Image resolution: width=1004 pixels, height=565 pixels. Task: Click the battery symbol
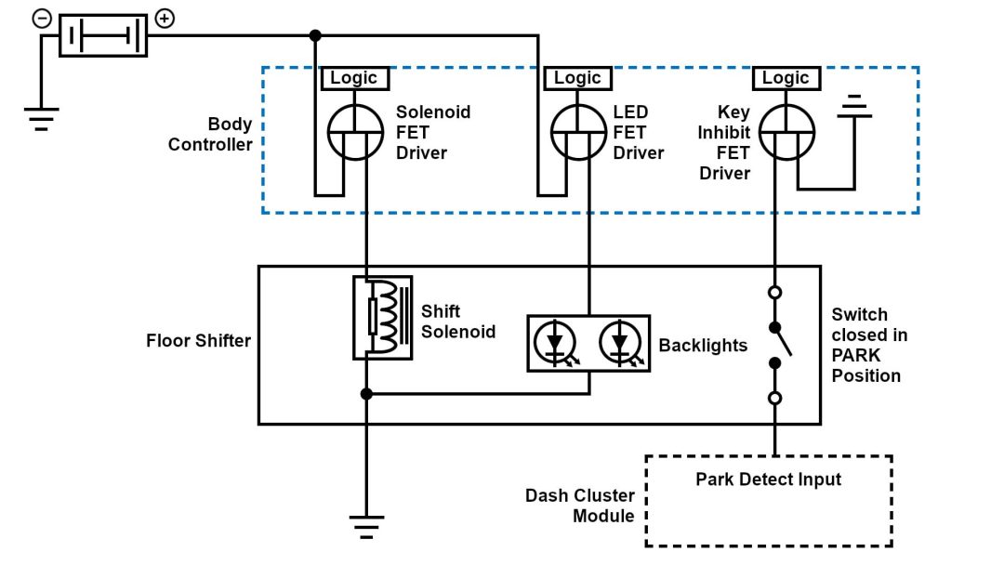[103, 36]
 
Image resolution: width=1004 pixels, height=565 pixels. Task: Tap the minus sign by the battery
[42, 19]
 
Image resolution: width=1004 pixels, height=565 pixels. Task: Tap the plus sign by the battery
[164, 19]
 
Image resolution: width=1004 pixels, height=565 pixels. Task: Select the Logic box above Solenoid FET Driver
[354, 78]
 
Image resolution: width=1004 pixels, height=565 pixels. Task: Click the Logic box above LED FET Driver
[577, 78]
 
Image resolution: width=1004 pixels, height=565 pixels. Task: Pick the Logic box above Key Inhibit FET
[786, 78]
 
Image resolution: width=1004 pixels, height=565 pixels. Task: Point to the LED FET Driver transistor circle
[579, 131]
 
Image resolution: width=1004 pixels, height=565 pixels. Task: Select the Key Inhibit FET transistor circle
[786, 131]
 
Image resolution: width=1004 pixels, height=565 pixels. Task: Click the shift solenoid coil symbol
[382, 317]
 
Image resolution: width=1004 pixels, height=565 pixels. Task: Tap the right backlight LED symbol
[619, 344]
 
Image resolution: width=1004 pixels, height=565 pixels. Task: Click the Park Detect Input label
[768, 480]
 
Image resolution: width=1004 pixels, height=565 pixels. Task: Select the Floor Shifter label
[198, 340]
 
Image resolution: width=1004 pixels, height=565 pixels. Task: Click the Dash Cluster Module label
[579, 506]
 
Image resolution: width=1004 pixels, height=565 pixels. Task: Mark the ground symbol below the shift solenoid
[367, 526]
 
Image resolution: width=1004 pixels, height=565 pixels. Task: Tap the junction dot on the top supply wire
[315, 35]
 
